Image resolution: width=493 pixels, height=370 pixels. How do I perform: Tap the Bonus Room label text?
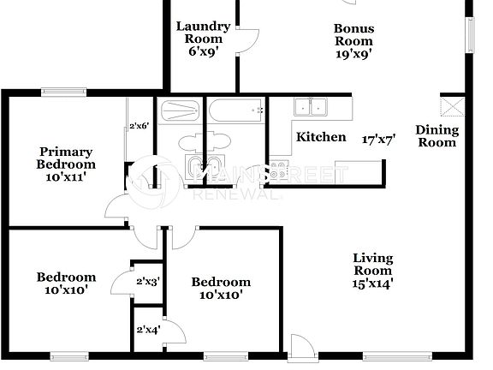(353, 34)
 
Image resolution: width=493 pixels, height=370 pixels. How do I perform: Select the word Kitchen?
(321, 137)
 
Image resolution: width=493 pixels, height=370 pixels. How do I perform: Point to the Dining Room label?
(437, 136)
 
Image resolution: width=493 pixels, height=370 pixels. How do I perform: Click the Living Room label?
(373, 269)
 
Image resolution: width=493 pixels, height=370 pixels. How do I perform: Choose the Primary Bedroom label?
(64, 164)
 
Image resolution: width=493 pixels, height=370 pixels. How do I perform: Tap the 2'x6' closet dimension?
(139, 126)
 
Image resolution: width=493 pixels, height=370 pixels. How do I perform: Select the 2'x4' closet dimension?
(148, 329)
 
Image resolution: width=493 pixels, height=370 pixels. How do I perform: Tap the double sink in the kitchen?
(309, 107)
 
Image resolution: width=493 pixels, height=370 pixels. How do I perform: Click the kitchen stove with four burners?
(282, 171)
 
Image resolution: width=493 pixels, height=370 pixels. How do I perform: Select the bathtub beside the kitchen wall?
(235, 110)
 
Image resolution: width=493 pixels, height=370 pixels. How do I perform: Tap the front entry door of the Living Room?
(301, 347)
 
